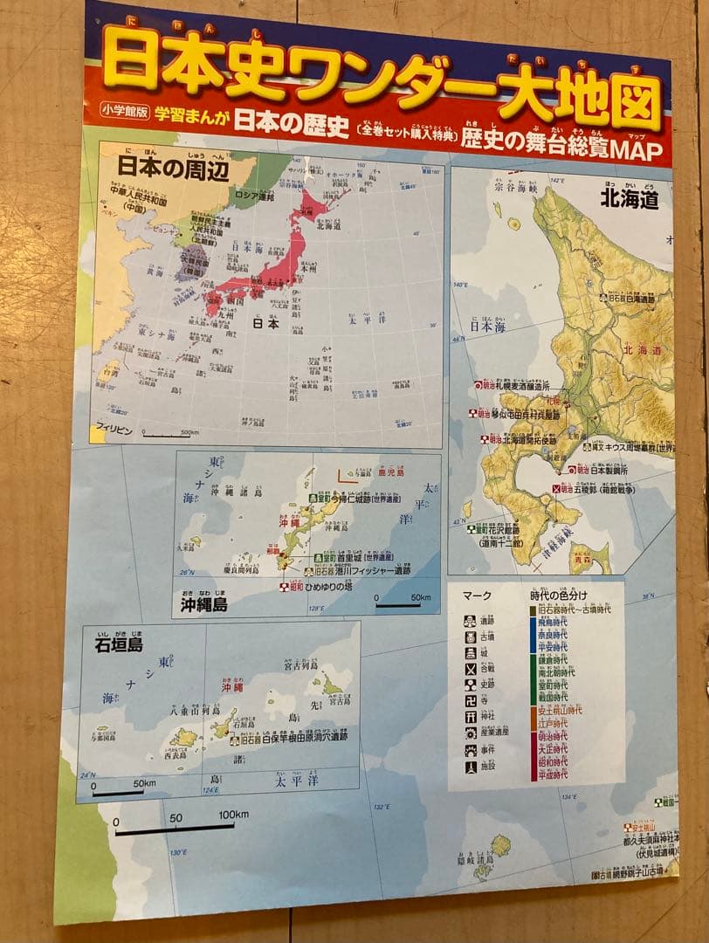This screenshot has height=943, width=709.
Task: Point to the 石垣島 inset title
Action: point(120,646)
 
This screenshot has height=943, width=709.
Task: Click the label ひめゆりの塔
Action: point(330,587)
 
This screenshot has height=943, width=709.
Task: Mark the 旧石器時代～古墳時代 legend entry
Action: point(575,609)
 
